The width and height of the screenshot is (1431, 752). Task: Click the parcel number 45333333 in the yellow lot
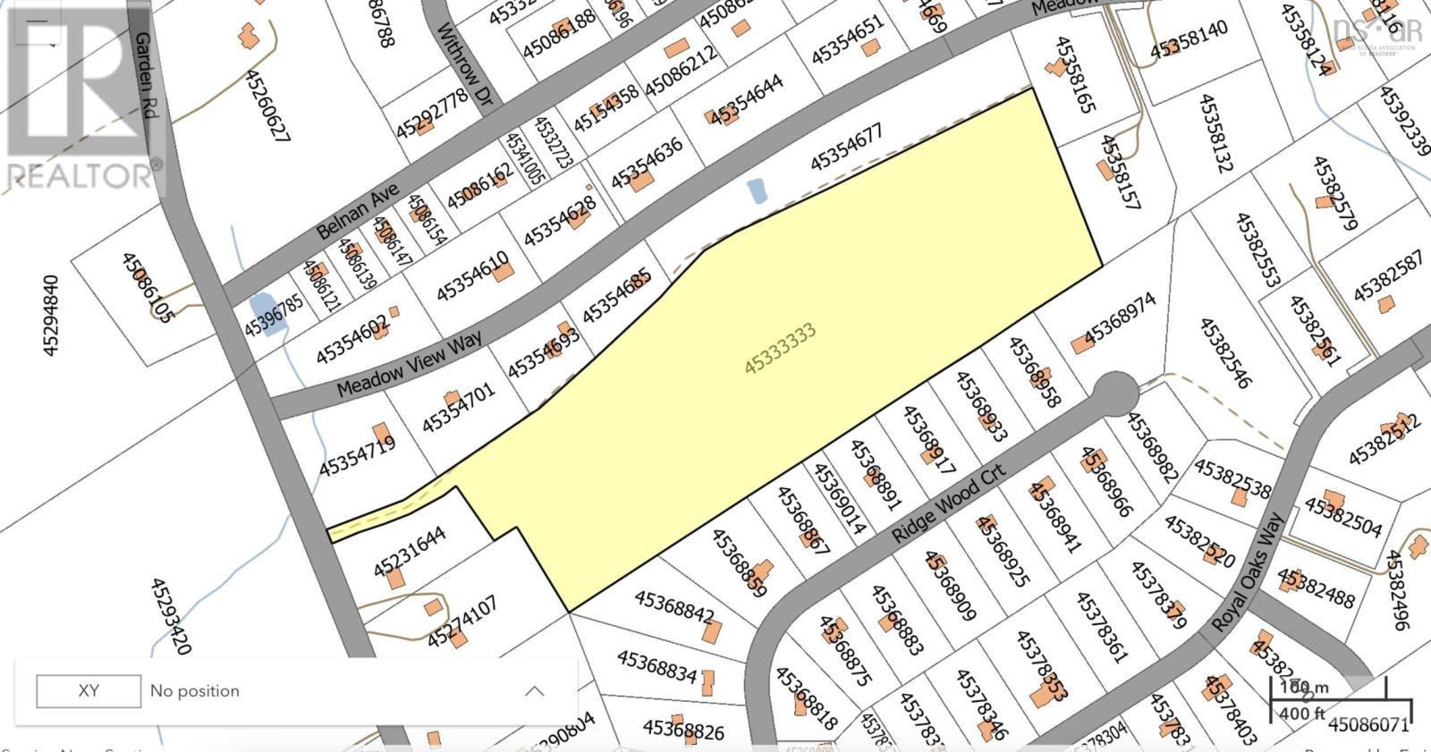[x=780, y=349]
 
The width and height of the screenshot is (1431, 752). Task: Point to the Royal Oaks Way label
[x=1249, y=572]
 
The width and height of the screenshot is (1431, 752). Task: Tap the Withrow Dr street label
[x=464, y=62]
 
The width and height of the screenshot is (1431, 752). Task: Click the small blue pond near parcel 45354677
[x=757, y=191]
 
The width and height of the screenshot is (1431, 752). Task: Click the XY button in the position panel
[x=89, y=691]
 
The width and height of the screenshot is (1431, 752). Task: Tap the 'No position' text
[x=195, y=691]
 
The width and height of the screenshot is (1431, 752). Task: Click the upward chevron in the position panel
[x=534, y=691]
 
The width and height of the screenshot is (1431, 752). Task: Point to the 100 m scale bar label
[x=1304, y=688]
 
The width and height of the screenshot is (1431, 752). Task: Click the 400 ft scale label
[x=1302, y=714]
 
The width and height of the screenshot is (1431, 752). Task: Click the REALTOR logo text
[x=80, y=175]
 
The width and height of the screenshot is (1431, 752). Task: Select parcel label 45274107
[x=461, y=623]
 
